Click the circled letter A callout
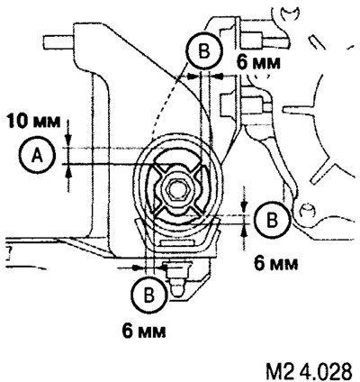(37, 156)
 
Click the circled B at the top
(205, 50)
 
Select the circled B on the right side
(273, 220)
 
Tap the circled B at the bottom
(149, 295)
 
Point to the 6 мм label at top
(258, 63)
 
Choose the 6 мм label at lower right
(276, 264)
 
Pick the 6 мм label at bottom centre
(144, 332)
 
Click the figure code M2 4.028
(309, 371)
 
